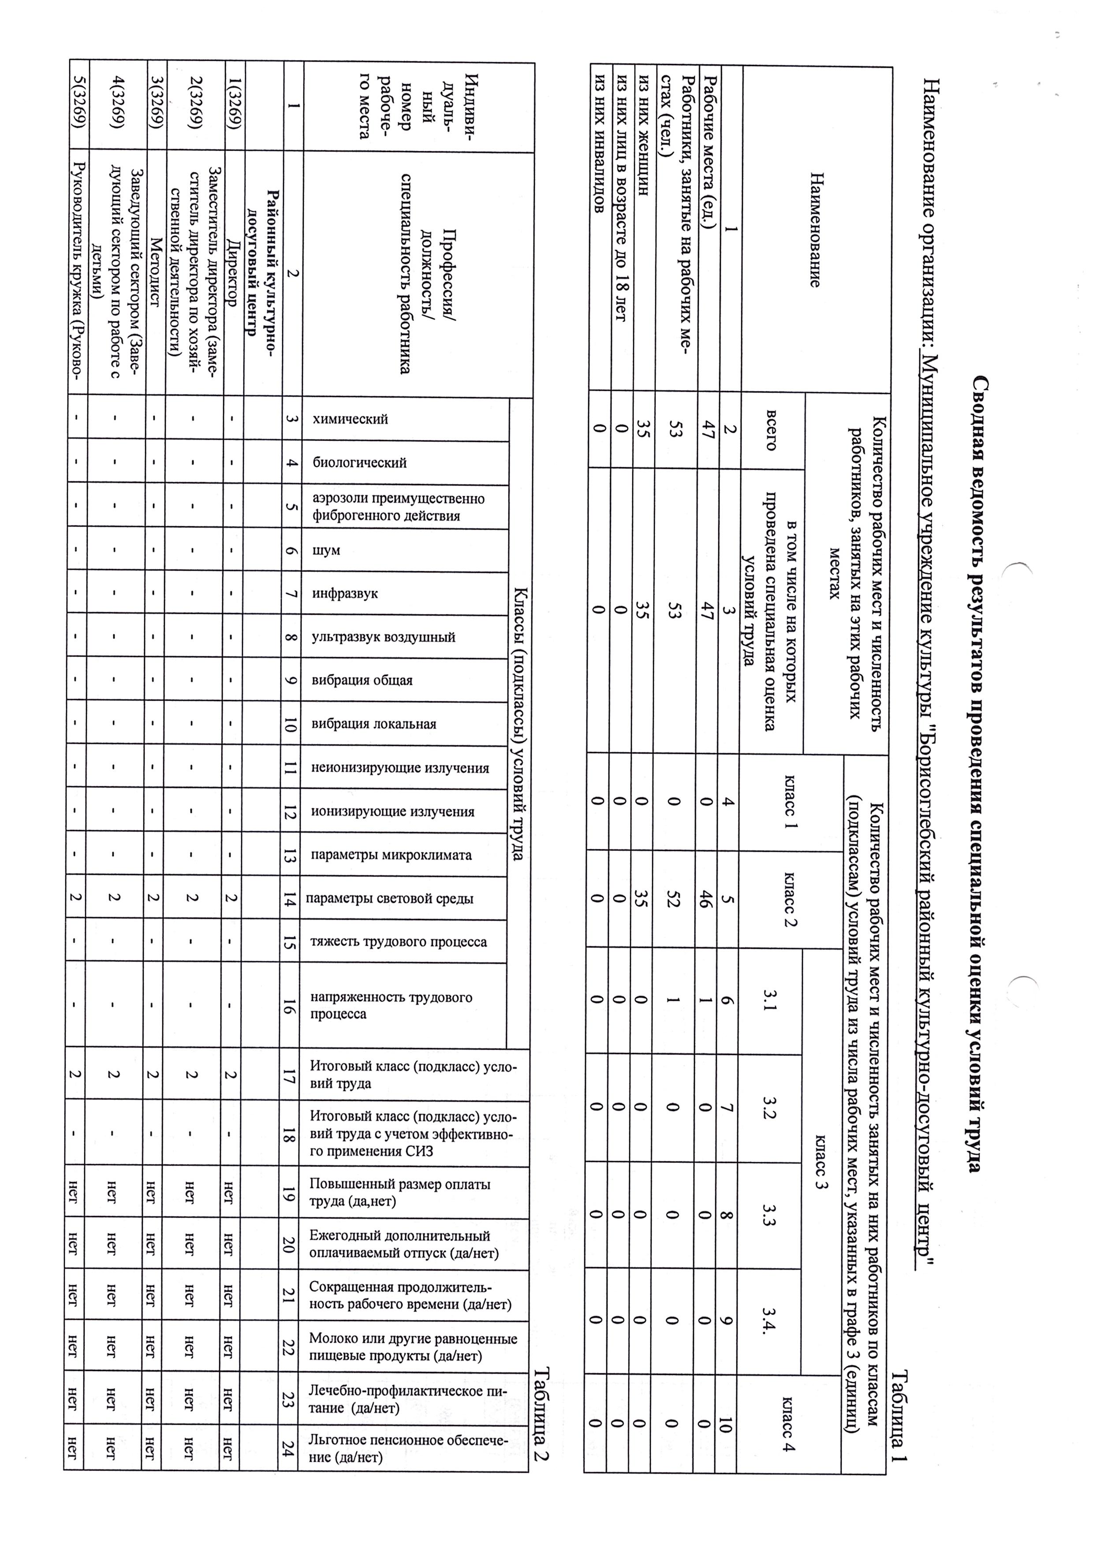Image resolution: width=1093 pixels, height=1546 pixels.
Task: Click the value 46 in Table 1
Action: [x=705, y=899]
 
